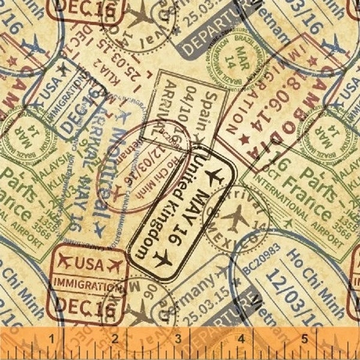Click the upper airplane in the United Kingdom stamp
pos(211,177)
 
